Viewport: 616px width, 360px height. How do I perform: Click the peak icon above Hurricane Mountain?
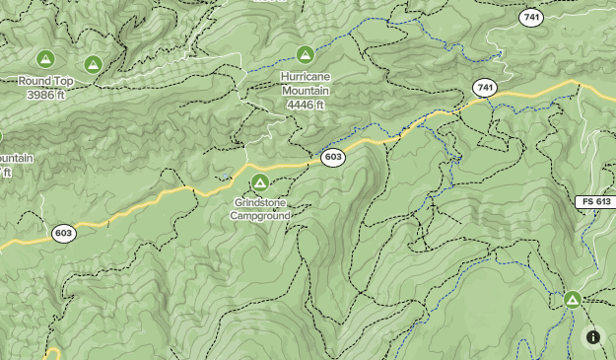(x=305, y=54)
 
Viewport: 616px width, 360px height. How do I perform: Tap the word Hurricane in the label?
(x=306, y=77)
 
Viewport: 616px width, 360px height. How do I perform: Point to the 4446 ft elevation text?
(x=306, y=104)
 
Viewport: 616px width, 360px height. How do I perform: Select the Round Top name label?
(x=46, y=81)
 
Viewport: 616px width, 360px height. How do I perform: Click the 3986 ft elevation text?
(x=46, y=94)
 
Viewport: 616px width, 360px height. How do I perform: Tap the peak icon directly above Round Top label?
(x=45, y=59)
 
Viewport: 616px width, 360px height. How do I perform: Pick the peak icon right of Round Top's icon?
(x=93, y=64)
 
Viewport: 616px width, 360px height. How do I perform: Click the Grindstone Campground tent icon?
(x=259, y=181)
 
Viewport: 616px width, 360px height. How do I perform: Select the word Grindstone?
(x=260, y=203)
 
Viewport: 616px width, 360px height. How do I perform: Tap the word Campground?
(x=260, y=216)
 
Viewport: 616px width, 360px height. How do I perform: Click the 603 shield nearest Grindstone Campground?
(x=333, y=157)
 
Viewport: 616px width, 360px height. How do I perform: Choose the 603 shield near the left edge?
(x=64, y=234)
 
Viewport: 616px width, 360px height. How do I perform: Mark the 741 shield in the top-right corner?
(x=531, y=18)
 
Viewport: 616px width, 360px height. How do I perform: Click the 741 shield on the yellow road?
(x=483, y=88)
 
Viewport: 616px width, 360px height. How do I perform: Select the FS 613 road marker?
(x=595, y=201)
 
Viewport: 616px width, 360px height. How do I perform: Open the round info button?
(x=593, y=337)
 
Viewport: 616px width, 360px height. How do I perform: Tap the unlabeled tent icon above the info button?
(x=572, y=299)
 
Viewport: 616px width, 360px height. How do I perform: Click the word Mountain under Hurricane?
(x=306, y=91)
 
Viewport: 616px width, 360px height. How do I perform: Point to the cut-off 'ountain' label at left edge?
(x=15, y=158)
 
